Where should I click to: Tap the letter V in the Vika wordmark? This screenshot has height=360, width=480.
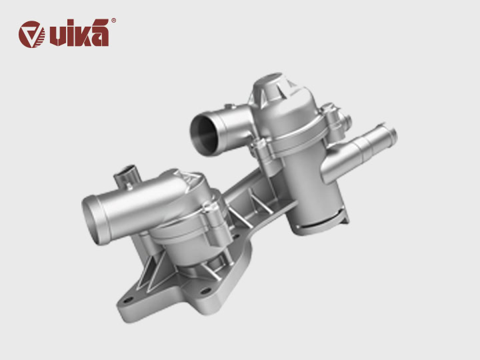pos(55,35)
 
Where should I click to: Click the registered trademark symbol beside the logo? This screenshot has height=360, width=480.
pos(113,21)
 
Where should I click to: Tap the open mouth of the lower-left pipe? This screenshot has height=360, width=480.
pos(96,220)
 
